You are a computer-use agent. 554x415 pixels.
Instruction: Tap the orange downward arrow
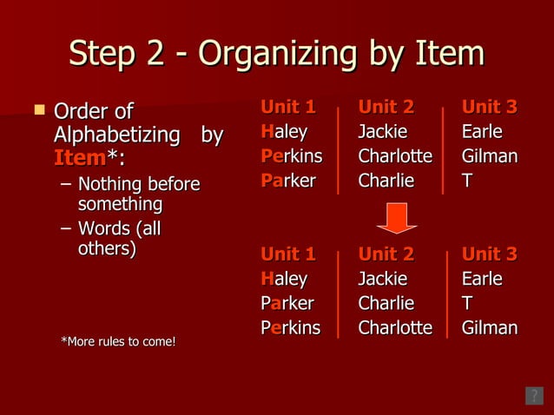(x=397, y=217)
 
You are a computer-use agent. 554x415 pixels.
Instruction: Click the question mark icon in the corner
(x=534, y=396)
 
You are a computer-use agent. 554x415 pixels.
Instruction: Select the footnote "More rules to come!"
(x=117, y=341)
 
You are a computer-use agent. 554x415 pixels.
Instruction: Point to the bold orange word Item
(x=79, y=159)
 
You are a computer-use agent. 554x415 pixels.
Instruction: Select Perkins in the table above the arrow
(x=291, y=157)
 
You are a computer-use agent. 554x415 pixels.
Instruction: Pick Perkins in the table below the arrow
(x=290, y=328)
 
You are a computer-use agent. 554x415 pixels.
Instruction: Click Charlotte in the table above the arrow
(x=395, y=157)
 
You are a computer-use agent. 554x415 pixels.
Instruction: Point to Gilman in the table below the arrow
(x=490, y=328)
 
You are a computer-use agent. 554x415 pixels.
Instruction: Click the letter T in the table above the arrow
(x=468, y=181)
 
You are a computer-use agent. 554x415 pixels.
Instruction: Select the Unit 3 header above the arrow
(x=489, y=108)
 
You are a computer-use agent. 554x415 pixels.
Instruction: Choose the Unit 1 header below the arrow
(x=287, y=254)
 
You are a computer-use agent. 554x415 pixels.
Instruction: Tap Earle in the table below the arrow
(x=482, y=280)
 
